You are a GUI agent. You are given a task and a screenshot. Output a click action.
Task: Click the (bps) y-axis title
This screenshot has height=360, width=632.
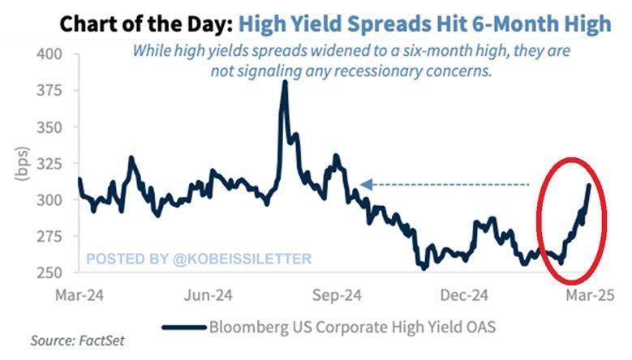click(22, 165)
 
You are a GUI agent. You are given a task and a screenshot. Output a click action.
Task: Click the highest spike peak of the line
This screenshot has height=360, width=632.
click(284, 83)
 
